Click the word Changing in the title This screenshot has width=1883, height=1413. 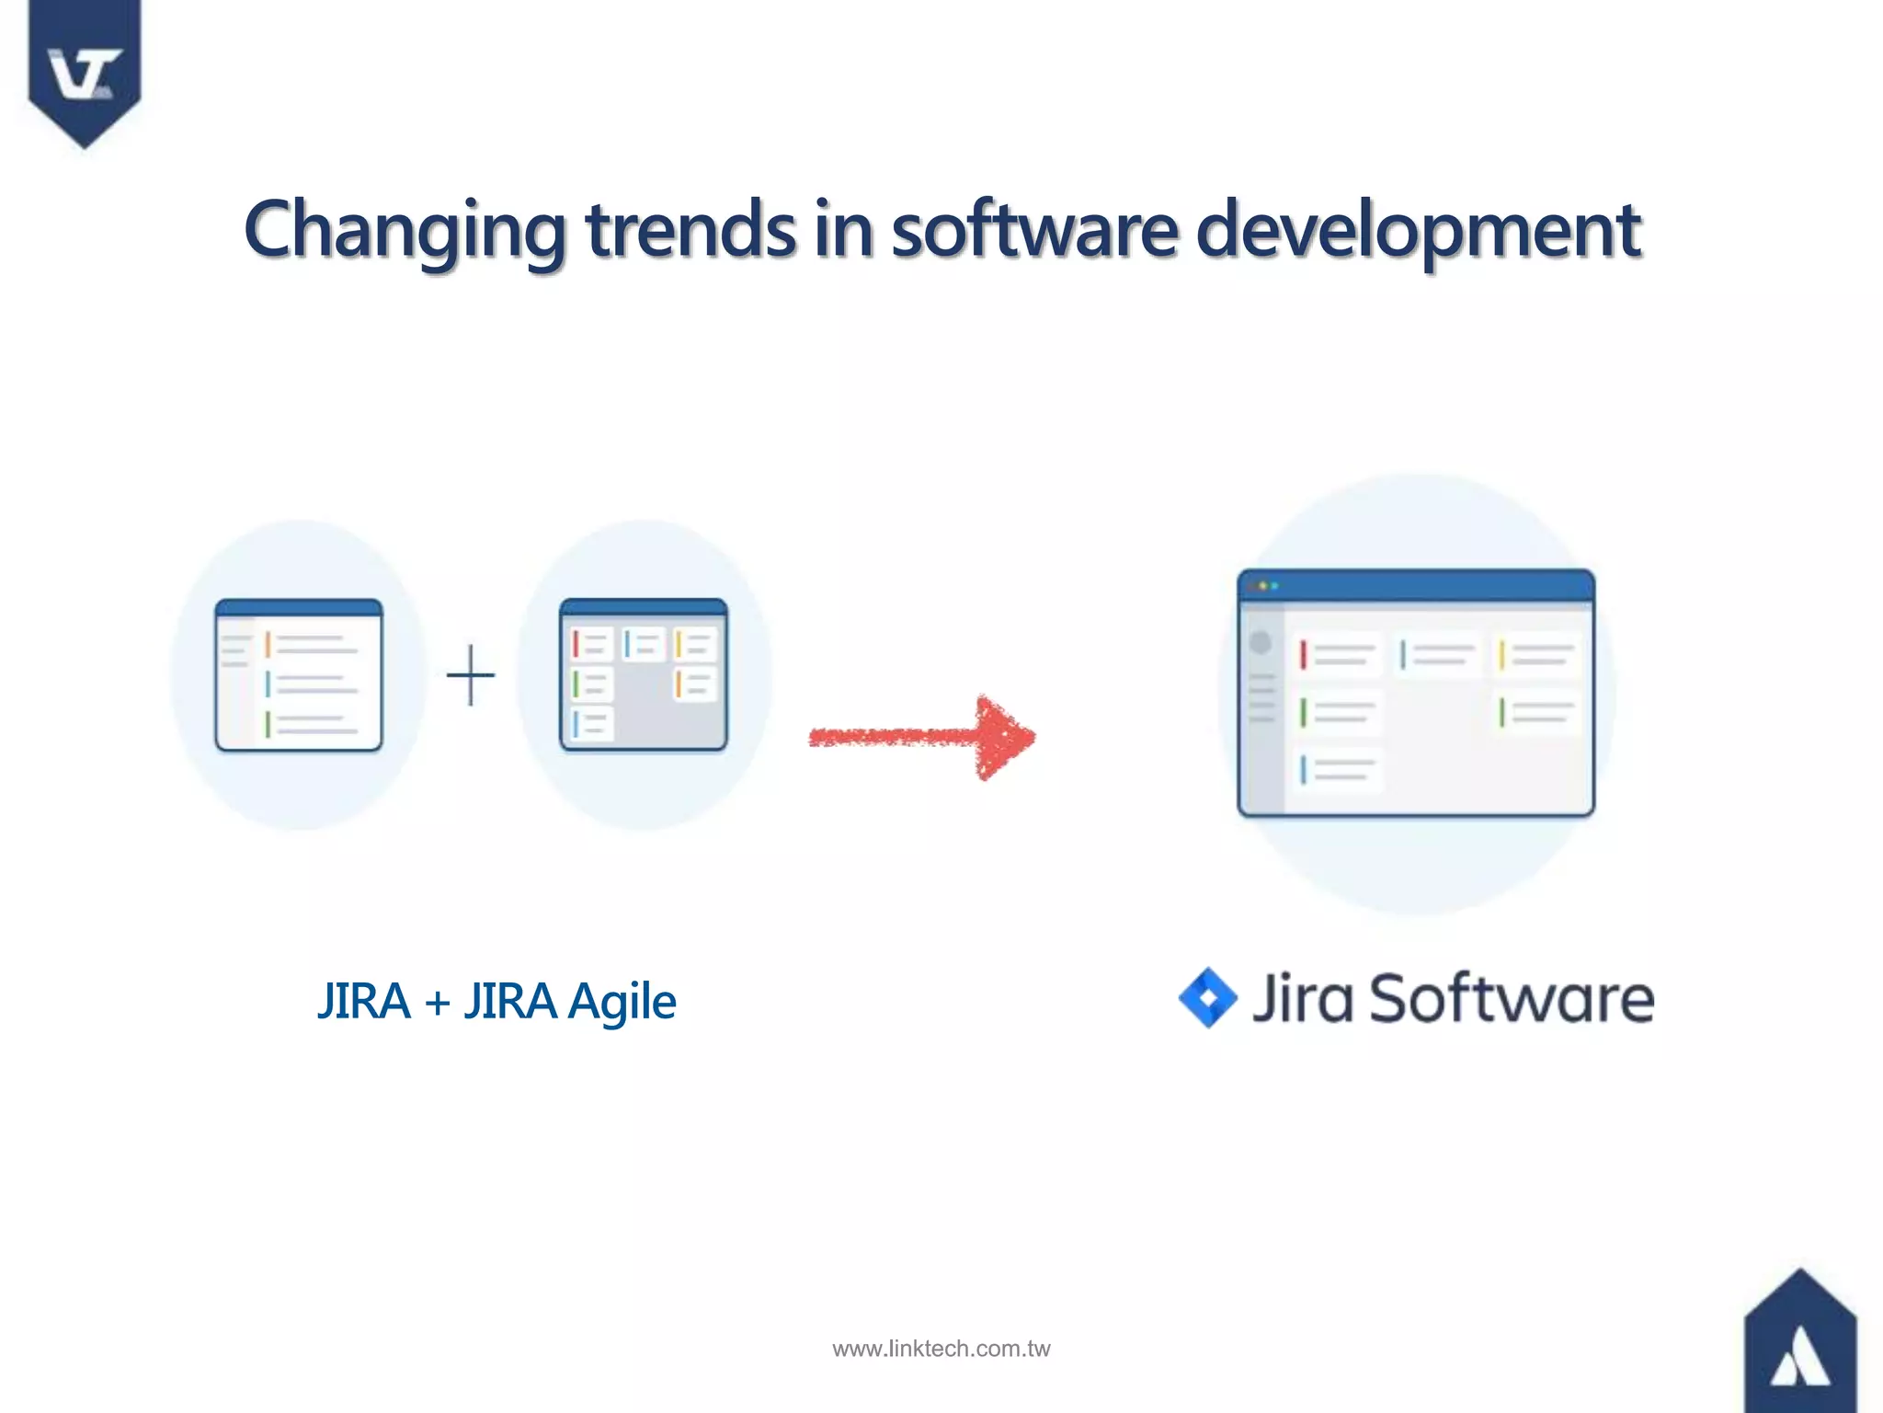(405, 230)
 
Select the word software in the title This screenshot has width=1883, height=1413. (1034, 230)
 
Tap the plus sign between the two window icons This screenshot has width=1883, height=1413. (471, 675)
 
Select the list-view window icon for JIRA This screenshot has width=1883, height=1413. (299, 675)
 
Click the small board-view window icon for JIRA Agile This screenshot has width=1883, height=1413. (644, 675)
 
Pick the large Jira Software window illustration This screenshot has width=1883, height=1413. (1416, 693)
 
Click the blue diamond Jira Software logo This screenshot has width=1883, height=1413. (1208, 998)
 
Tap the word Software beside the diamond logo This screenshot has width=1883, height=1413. (1512, 998)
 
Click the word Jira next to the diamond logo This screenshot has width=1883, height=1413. (1303, 998)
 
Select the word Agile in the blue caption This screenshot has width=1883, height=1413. (622, 1002)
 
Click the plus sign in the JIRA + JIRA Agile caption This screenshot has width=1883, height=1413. (438, 1002)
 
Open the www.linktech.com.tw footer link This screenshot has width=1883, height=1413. (941, 1349)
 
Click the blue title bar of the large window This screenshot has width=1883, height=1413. (1416, 585)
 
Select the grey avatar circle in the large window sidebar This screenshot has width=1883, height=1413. (1261, 642)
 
